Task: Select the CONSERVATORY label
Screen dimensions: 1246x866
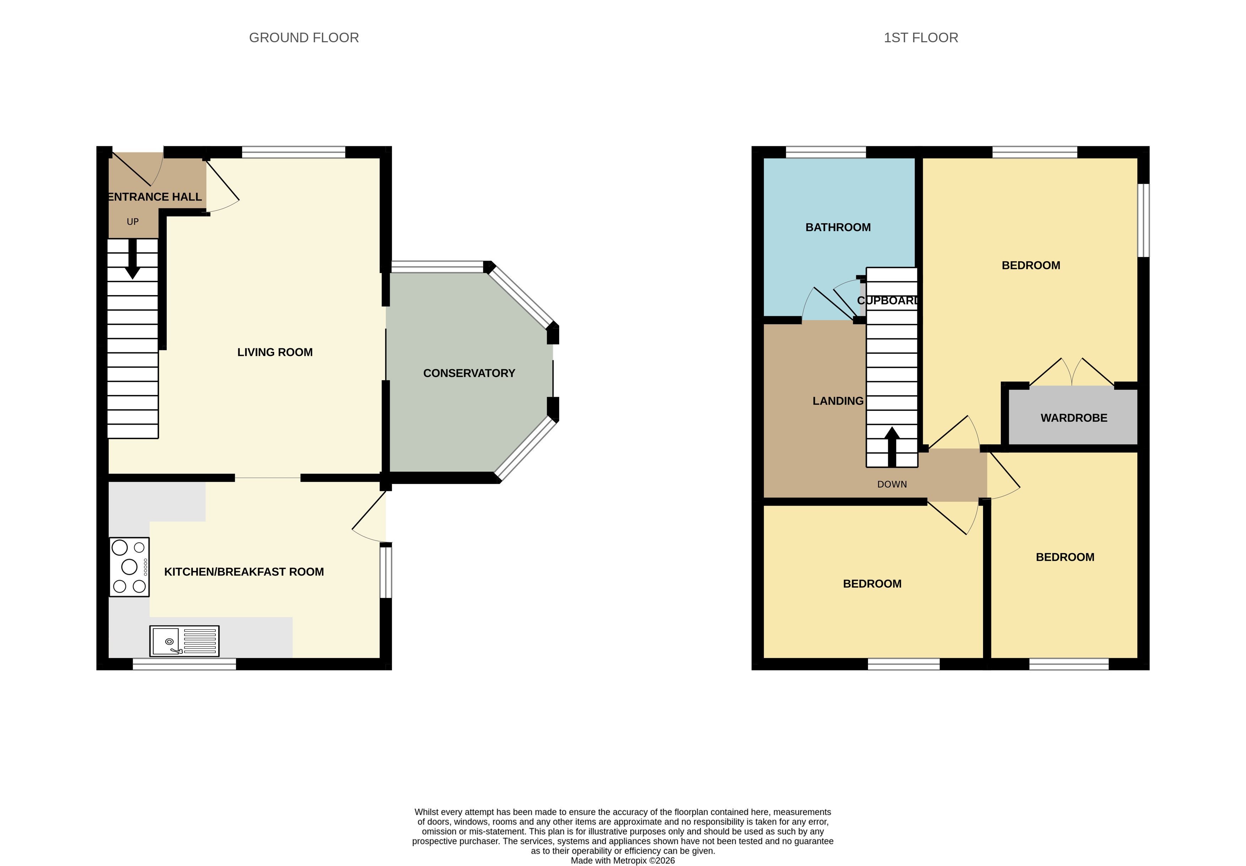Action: (x=469, y=374)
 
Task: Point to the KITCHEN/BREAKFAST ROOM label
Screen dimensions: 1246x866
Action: (x=244, y=572)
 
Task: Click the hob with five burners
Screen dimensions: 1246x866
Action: (x=129, y=567)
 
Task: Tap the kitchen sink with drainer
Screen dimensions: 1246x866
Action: (x=184, y=641)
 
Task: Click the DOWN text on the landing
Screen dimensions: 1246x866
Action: (x=892, y=485)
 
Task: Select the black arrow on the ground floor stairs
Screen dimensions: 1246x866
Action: (x=133, y=259)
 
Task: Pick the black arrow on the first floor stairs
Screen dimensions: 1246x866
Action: (x=892, y=447)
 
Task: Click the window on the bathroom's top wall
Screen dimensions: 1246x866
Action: (x=826, y=152)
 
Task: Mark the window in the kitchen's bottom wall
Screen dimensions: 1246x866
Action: (x=184, y=664)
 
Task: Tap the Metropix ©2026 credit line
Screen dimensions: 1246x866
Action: (x=623, y=861)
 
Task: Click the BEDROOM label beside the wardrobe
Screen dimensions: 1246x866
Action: (x=1031, y=266)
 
